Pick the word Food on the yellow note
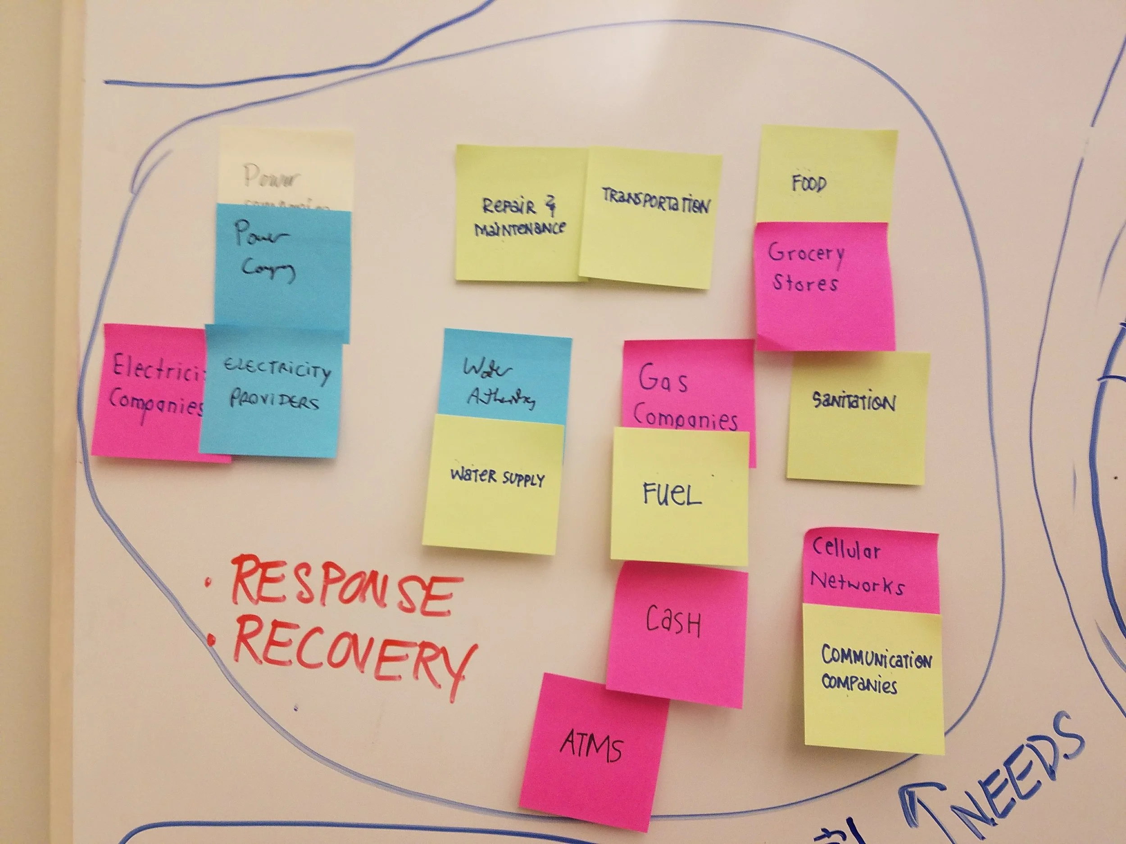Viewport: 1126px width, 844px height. point(809,183)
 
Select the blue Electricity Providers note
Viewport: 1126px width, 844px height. point(272,389)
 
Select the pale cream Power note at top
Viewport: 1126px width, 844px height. point(285,168)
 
